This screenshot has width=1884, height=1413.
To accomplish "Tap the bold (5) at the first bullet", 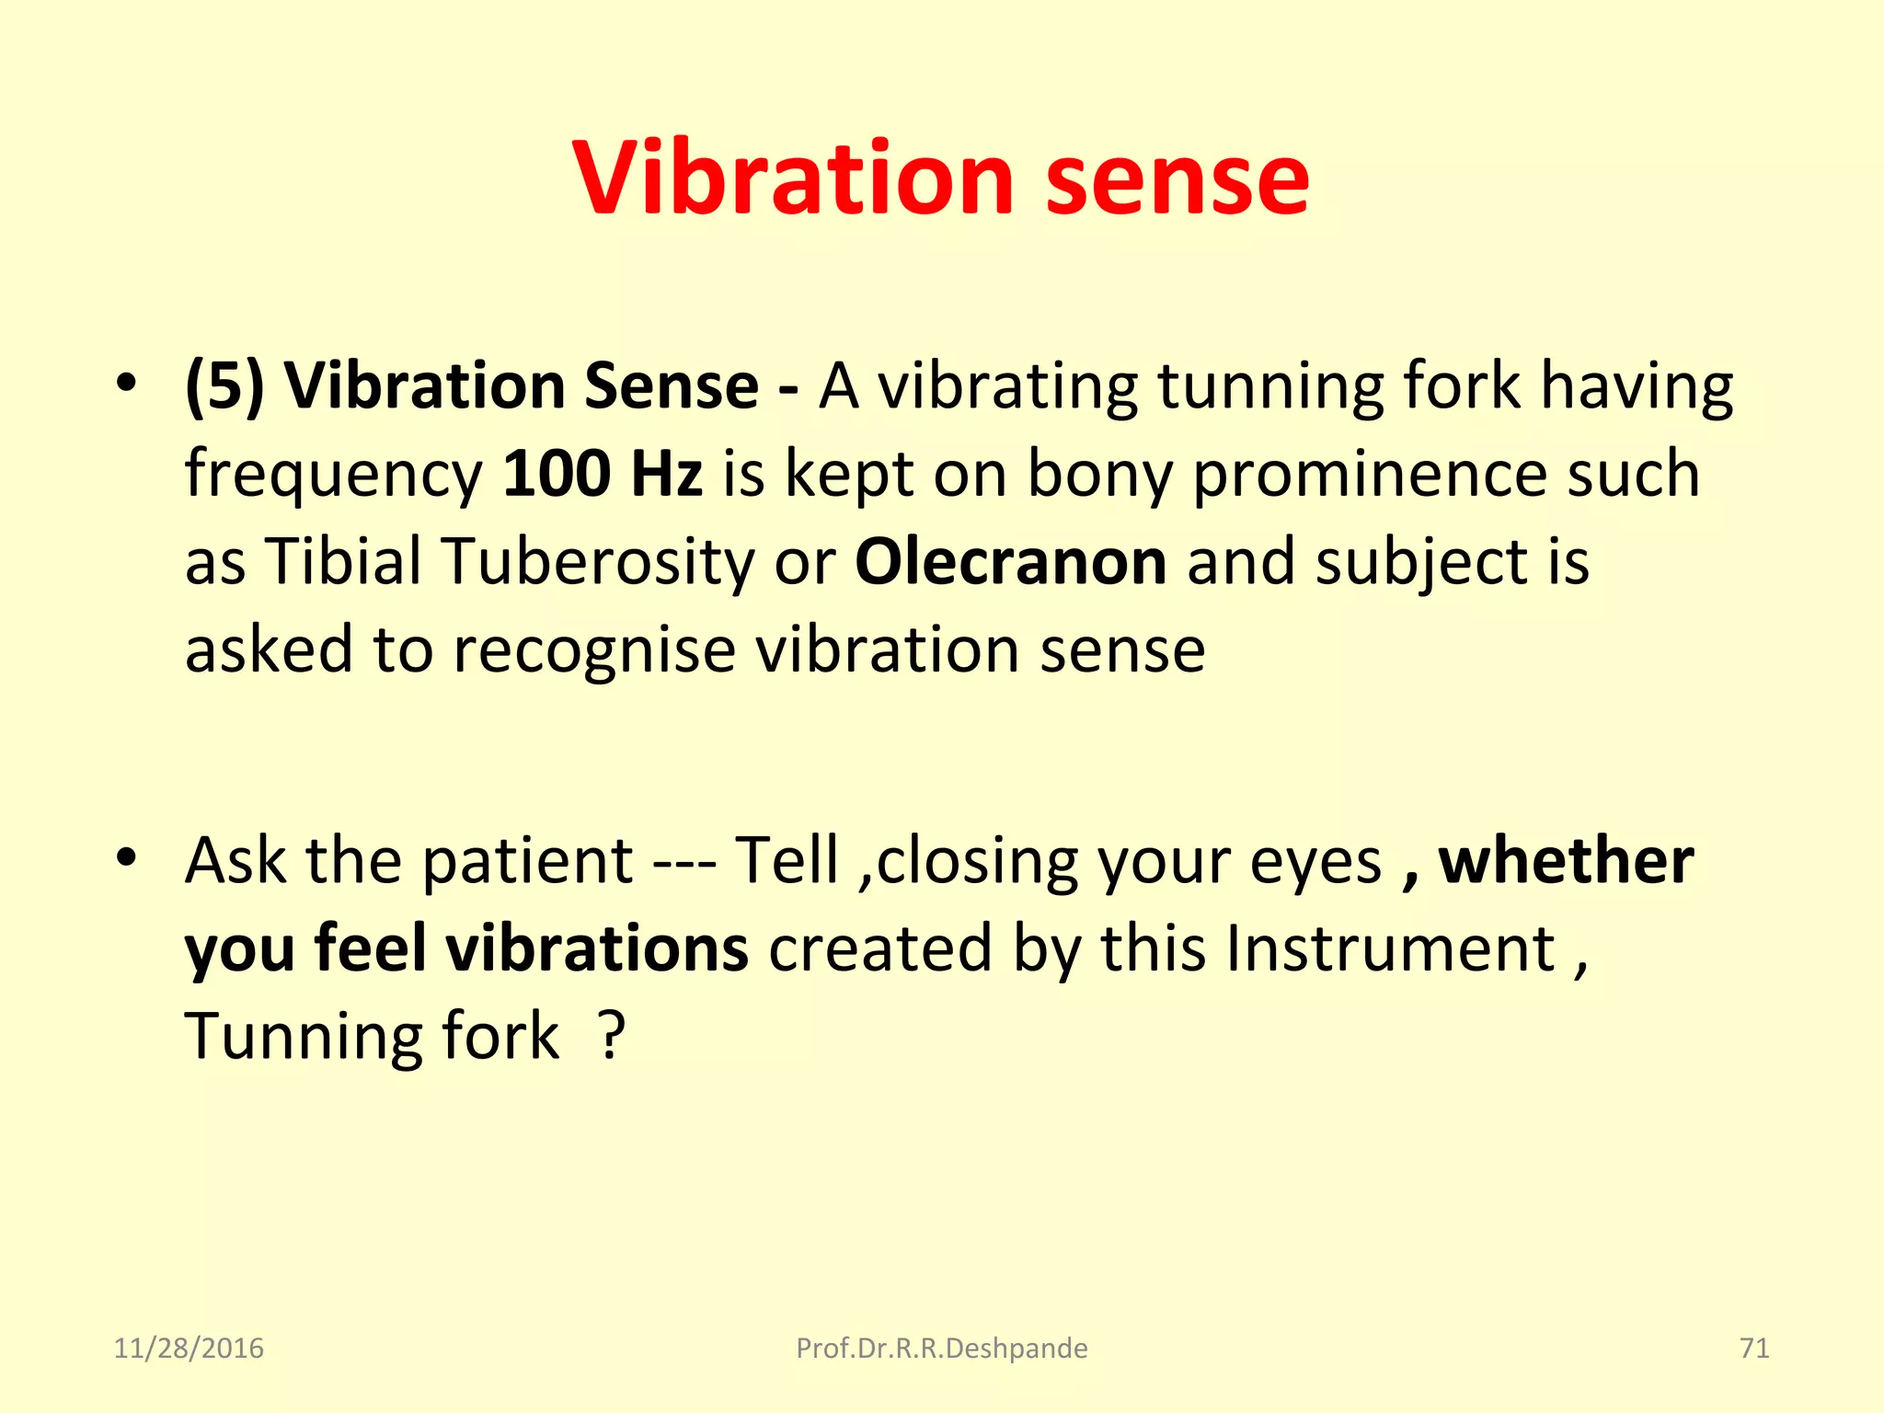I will (x=224, y=386).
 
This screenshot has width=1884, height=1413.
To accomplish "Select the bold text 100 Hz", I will (x=603, y=474).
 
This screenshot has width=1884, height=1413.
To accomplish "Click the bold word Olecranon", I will (x=1010, y=562).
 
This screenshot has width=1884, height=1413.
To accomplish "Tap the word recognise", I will (x=594, y=650).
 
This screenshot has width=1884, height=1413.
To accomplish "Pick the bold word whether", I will (x=1566, y=861).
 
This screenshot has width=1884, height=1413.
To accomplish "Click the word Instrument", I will (x=1390, y=949).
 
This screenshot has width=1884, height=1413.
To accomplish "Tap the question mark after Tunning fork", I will (x=612, y=1037).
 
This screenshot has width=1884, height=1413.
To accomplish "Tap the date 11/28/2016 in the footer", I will (x=189, y=1349).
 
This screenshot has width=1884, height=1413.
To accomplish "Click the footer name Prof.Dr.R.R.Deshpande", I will (x=941, y=1349).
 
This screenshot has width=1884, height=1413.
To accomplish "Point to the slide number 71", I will (x=1754, y=1349).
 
